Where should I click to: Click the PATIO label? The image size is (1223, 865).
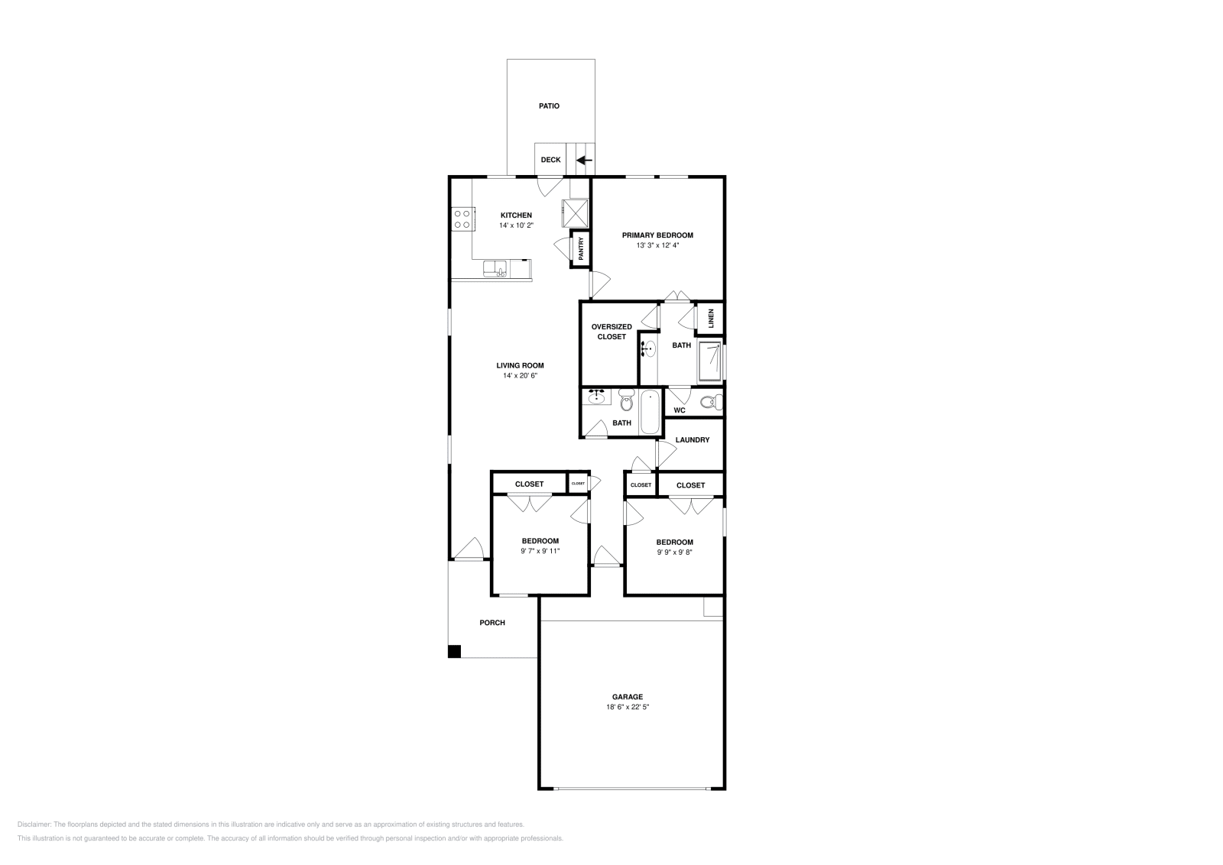[x=549, y=106]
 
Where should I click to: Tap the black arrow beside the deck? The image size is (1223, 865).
[x=584, y=160]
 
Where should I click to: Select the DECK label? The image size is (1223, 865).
[x=550, y=160]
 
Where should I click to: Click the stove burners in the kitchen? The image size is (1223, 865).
[x=462, y=219]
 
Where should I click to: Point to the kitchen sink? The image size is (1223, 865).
[x=495, y=268]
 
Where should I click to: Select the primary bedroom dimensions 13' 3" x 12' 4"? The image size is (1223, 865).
[x=657, y=246]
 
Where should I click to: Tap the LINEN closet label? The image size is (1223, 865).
[x=711, y=318]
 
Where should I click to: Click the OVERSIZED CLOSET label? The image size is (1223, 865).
[x=611, y=332]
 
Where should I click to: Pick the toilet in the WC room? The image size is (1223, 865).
[x=710, y=402]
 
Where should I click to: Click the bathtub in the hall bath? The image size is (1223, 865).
[x=649, y=413]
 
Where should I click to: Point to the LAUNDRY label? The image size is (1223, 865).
[x=693, y=440]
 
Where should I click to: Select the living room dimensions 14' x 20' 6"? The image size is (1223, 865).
[x=520, y=376]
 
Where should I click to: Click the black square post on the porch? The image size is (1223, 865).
[x=454, y=652]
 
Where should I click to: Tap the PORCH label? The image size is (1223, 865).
[x=492, y=623]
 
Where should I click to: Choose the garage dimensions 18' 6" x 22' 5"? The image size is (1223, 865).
[x=627, y=708]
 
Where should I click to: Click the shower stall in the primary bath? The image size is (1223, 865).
[x=710, y=361]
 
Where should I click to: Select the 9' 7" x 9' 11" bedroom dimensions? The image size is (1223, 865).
[x=540, y=551]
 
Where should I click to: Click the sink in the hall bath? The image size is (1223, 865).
[x=597, y=397]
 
